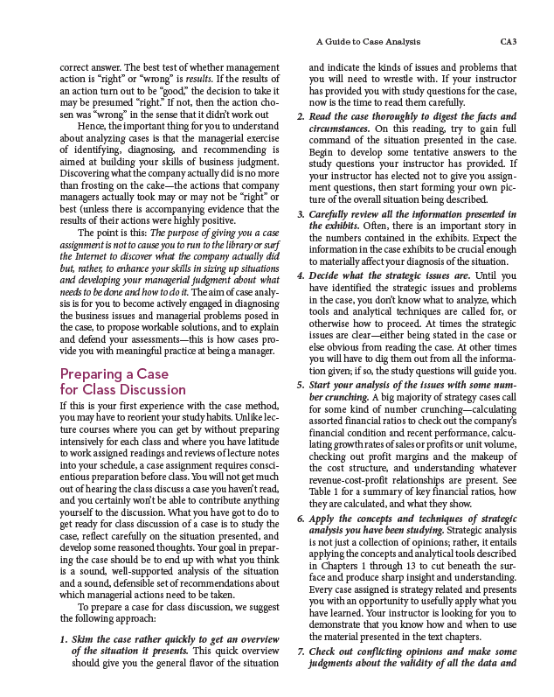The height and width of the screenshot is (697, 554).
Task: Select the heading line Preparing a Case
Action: click(x=114, y=373)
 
